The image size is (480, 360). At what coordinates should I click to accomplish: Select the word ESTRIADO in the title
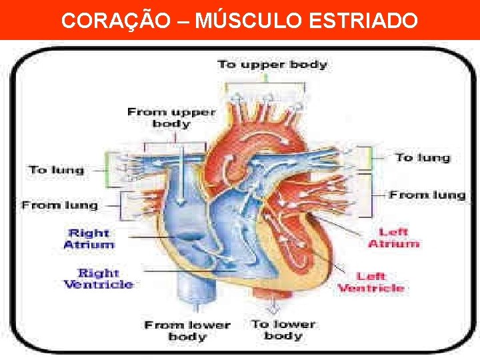coord(363,21)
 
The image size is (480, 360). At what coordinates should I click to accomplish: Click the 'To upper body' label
coord(272,65)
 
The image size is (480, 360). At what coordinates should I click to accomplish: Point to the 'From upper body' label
coord(171,117)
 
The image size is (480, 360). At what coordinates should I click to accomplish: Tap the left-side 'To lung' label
coord(57,169)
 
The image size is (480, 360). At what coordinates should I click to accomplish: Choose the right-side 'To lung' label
coord(423,157)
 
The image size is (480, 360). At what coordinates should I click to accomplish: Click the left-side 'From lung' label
coord(59,205)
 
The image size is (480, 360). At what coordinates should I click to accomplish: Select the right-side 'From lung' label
coord(427,195)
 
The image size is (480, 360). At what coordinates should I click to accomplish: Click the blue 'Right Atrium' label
coord(89,239)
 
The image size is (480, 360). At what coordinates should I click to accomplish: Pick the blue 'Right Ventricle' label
coord(98,279)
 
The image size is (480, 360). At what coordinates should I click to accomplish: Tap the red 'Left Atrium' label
coord(393,238)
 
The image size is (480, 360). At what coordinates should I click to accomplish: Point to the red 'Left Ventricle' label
coord(371,282)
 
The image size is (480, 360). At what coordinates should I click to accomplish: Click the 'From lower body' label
coord(187,331)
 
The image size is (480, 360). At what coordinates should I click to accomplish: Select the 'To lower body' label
coord(283,329)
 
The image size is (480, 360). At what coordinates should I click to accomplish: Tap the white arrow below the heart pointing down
coord(273,307)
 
